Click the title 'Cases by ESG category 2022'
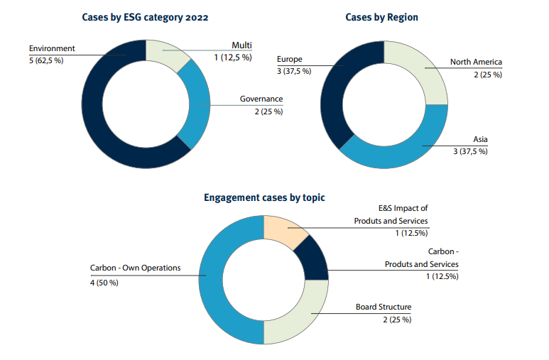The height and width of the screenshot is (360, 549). (145, 16)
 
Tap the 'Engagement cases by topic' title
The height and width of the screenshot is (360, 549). (264, 197)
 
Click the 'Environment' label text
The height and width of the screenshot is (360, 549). (52, 48)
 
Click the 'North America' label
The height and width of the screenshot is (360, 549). (476, 62)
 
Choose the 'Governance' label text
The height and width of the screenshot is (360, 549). (261, 99)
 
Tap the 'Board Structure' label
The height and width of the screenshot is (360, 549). (384, 307)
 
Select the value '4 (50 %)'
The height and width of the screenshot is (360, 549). (104, 282)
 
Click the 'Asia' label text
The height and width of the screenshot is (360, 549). (480, 138)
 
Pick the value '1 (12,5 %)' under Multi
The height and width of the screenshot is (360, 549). (232, 58)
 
